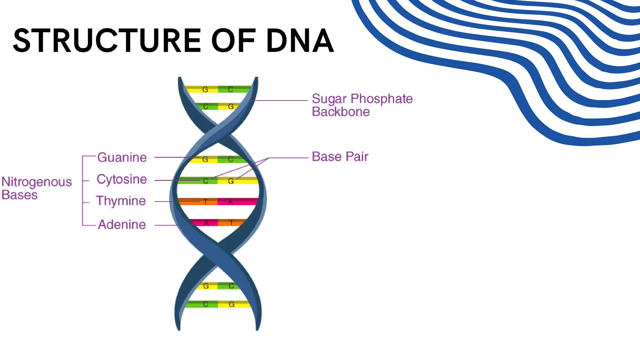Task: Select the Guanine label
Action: [122, 157]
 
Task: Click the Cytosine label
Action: [122, 179]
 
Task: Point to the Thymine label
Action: [121, 201]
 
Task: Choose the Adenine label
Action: [122, 225]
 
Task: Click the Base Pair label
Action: [340, 157]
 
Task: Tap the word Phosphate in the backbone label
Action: [382, 99]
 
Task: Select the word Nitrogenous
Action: [37, 182]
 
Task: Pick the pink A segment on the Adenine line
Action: [205, 223]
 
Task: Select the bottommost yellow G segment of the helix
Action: [234, 304]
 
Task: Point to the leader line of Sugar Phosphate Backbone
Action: [281, 101]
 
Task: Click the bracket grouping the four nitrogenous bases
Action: [82, 191]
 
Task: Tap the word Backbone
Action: [341, 112]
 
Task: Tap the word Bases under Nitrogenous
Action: [19, 195]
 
